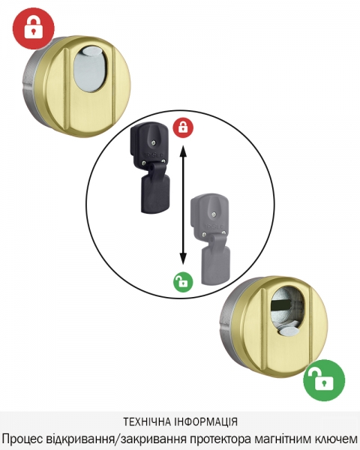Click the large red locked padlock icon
click(34, 28)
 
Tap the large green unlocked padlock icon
click(324, 380)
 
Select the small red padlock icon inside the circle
click(183, 127)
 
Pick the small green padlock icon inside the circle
click(183, 282)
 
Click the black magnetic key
click(150, 168)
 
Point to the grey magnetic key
click(211, 239)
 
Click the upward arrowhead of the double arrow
click(183, 150)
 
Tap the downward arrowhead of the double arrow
click(183, 258)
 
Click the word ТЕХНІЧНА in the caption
click(148, 422)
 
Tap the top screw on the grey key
click(213, 214)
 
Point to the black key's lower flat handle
click(155, 194)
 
